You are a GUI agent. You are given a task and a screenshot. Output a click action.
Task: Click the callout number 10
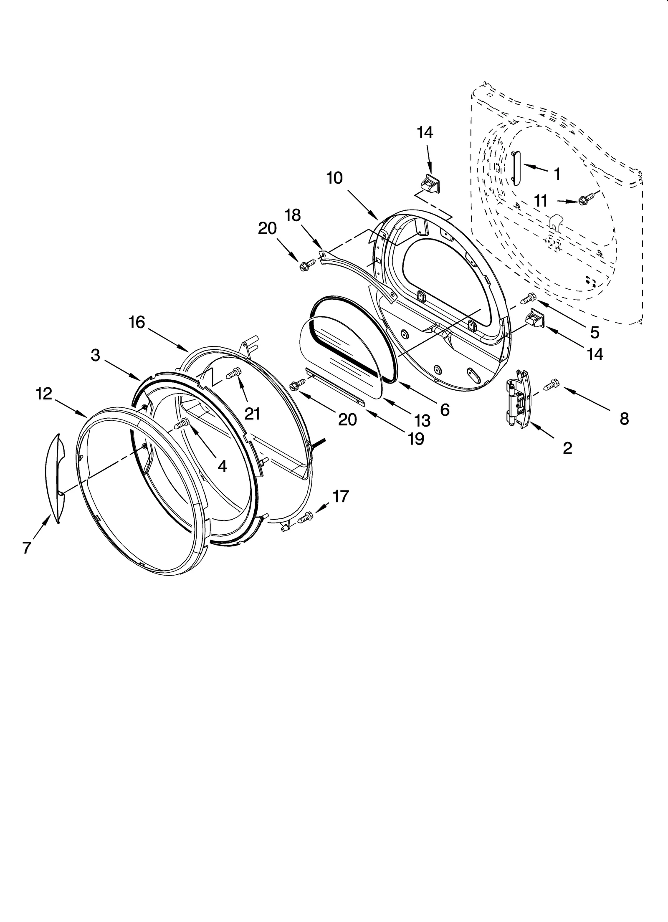pyautogui.click(x=334, y=178)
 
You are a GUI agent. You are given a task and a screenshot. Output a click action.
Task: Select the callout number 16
pyautogui.click(x=137, y=322)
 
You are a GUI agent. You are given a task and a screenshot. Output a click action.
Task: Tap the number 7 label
pyautogui.click(x=27, y=548)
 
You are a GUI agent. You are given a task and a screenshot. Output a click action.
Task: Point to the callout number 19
pyautogui.click(x=416, y=439)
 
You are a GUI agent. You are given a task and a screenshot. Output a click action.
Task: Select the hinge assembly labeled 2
pyautogui.click(x=518, y=398)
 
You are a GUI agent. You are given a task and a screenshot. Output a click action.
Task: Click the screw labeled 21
pyautogui.click(x=234, y=372)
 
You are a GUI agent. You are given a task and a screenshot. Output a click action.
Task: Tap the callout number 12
pyautogui.click(x=44, y=394)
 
